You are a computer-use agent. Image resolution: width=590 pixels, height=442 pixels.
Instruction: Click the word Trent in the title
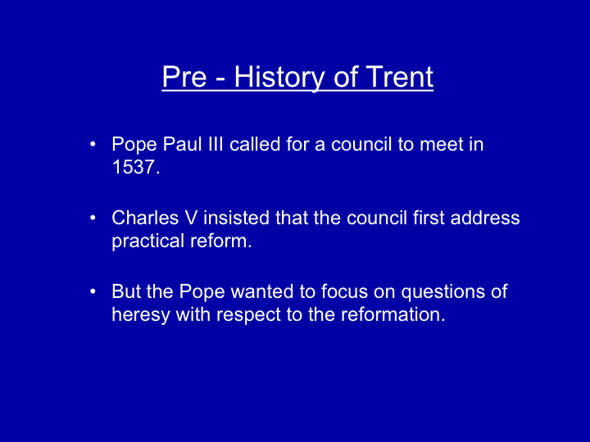400,77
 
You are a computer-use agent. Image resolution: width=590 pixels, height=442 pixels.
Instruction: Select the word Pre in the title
184,77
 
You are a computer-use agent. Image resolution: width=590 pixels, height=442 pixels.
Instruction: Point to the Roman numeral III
216,144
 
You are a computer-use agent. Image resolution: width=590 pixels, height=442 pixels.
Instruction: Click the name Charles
145,218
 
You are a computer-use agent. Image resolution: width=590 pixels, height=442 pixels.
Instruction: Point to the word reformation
393,314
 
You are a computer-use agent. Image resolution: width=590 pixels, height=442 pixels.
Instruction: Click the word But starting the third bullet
126,291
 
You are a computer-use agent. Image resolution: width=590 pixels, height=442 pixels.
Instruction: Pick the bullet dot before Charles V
93,218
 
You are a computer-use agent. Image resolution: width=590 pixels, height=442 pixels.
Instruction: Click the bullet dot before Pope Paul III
93,144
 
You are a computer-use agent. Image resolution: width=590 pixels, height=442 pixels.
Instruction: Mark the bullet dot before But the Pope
93,291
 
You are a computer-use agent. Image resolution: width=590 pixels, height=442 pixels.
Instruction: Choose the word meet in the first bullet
442,144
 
